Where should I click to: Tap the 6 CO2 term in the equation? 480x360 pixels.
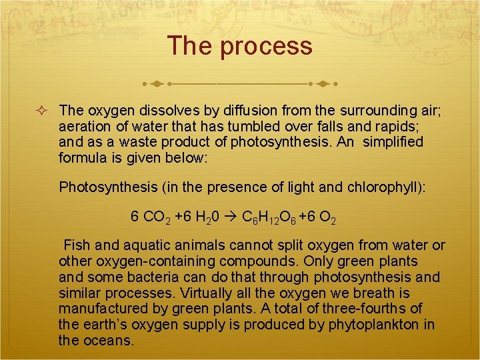tap(150, 217)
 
